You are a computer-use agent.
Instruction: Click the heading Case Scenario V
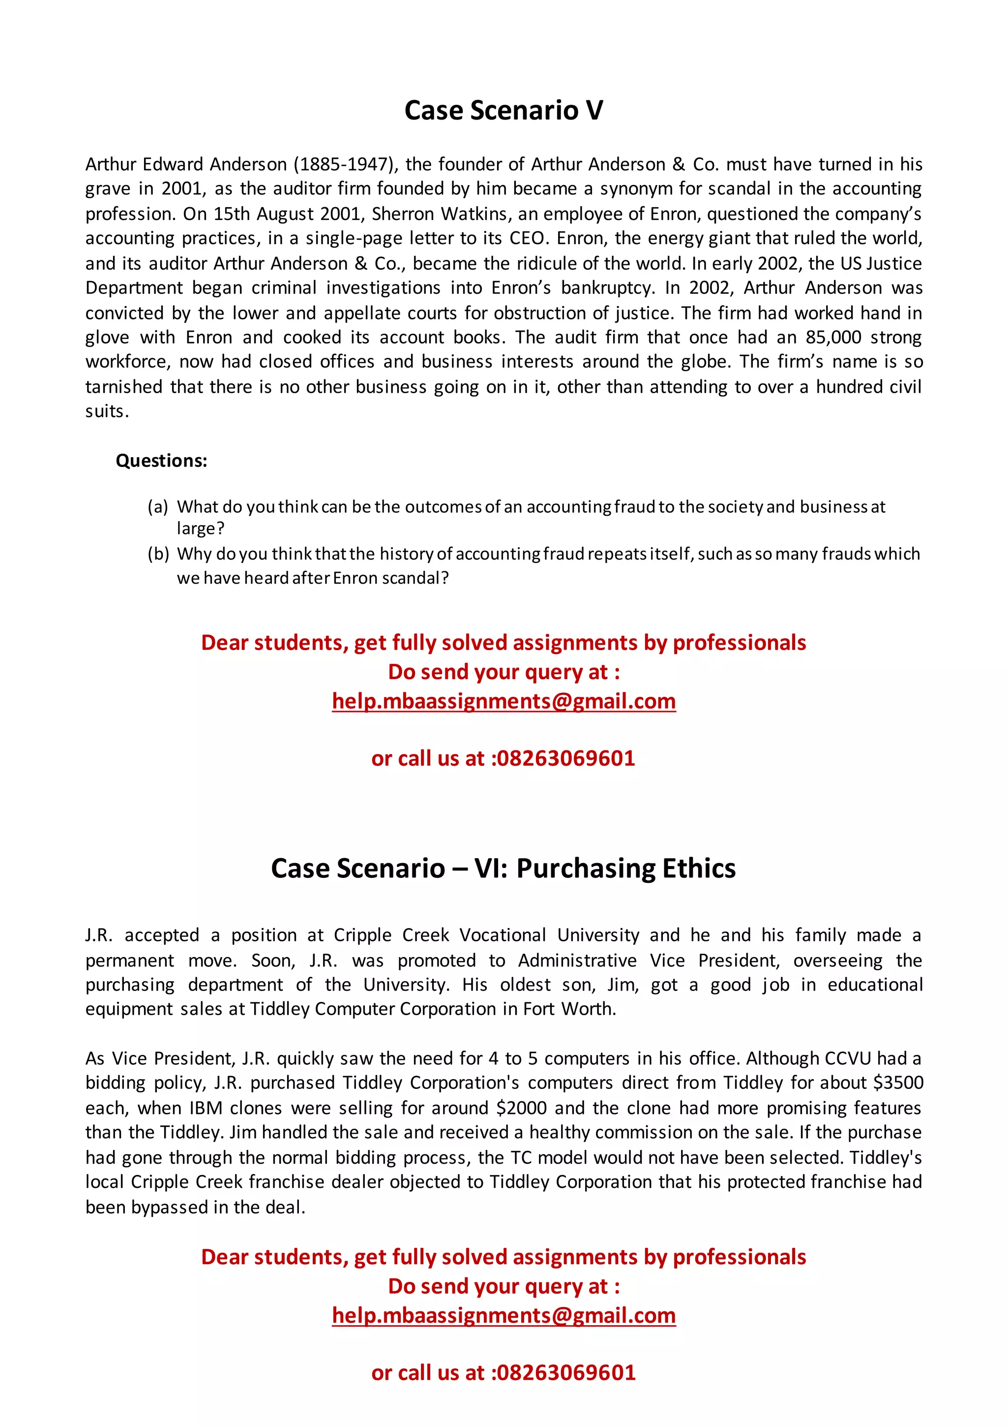503,111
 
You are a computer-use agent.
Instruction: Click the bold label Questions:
161,461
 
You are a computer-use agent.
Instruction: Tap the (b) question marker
158,554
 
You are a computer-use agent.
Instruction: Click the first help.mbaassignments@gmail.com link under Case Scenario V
503,701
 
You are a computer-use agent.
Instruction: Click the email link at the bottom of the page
503,1315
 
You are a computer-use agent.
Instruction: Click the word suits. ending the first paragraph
107,411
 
